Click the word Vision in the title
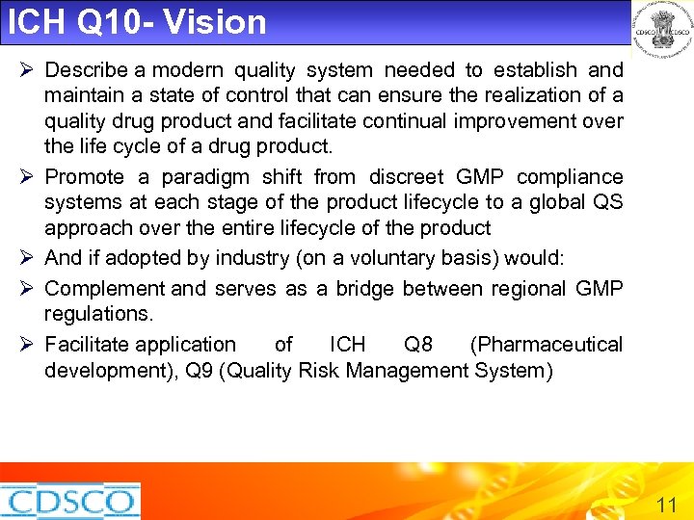pos(215,21)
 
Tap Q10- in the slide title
pos(115,21)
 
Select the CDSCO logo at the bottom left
pos(69,501)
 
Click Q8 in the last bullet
pos(418,345)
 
